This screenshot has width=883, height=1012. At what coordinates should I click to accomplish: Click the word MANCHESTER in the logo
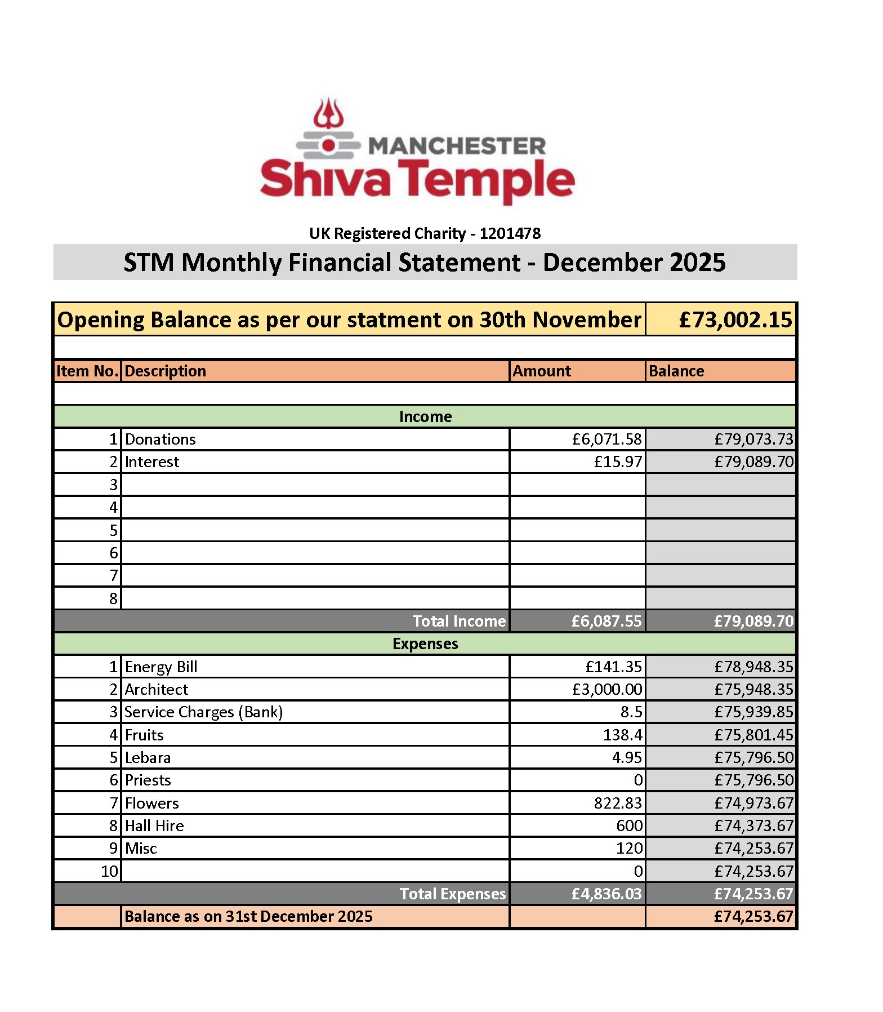click(x=457, y=146)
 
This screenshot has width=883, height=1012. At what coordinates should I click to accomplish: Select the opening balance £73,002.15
click(x=735, y=319)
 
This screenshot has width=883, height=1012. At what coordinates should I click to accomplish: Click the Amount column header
click(x=542, y=371)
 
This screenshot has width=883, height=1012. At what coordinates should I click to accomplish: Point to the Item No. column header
click(x=87, y=371)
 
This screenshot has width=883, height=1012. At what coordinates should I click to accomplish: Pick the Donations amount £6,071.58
click(x=606, y=439)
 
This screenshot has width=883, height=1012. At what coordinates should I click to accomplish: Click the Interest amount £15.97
click(x=618, y=461)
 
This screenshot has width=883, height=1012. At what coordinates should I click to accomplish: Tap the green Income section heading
click(x=425, y=416)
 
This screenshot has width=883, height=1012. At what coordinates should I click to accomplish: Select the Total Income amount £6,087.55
click(x=606, y=621)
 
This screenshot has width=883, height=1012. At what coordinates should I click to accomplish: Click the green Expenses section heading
click(x=425, y=643)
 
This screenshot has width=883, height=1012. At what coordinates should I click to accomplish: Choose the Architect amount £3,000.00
click(x=606, y=689)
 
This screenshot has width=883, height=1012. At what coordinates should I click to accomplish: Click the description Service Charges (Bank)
click(x=203, y=712)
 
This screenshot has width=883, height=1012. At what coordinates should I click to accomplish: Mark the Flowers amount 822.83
click(x=618, y=803)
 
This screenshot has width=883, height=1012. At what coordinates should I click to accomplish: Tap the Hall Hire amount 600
click(x=629, y=825)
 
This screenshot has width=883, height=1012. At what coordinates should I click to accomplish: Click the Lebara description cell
click(x=148, y=757)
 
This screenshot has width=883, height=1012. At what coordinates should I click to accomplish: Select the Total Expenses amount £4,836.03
click(x=606, y=894)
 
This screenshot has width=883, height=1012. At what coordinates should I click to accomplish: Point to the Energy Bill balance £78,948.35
click(x=753, y=667)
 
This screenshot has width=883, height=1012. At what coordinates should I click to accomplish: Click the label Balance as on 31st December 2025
click(x=248, y=916)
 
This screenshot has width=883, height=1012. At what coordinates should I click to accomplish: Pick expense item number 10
click(x=109, y=871)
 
